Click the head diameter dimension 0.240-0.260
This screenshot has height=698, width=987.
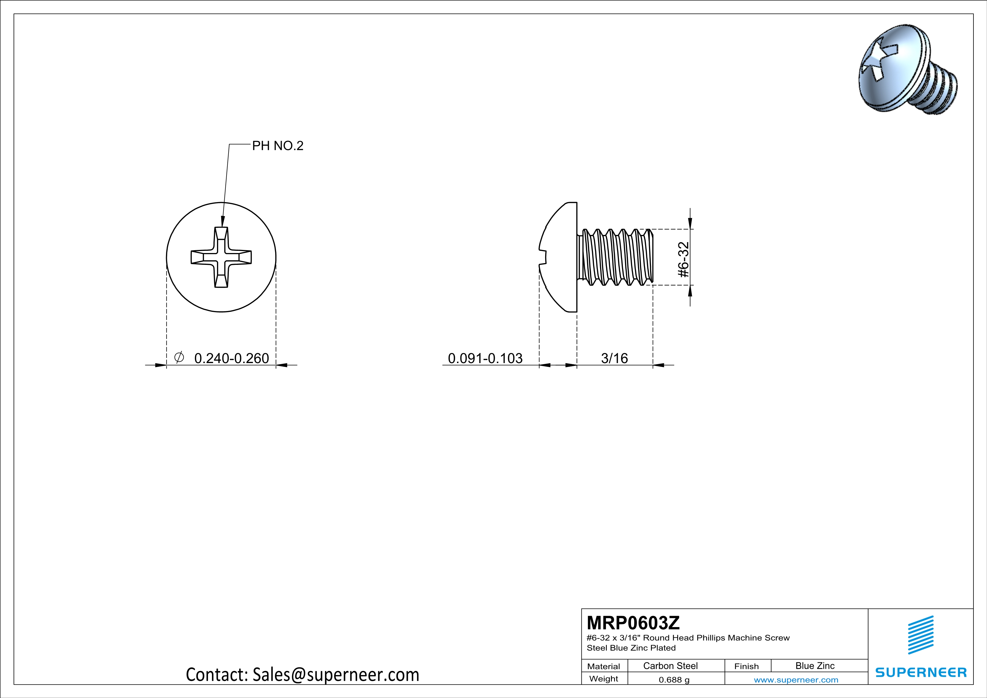231,358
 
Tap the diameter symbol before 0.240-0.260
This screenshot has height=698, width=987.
179,357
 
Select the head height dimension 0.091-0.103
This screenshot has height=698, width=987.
485,358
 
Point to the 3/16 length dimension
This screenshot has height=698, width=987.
614,358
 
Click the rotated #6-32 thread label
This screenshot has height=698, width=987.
684,259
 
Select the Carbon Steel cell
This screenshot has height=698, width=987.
670,666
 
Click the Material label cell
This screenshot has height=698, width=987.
604,666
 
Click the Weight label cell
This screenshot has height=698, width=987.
604,679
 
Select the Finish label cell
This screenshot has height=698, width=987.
746,666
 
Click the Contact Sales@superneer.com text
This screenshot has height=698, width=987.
302,675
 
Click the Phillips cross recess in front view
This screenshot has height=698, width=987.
221,257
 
